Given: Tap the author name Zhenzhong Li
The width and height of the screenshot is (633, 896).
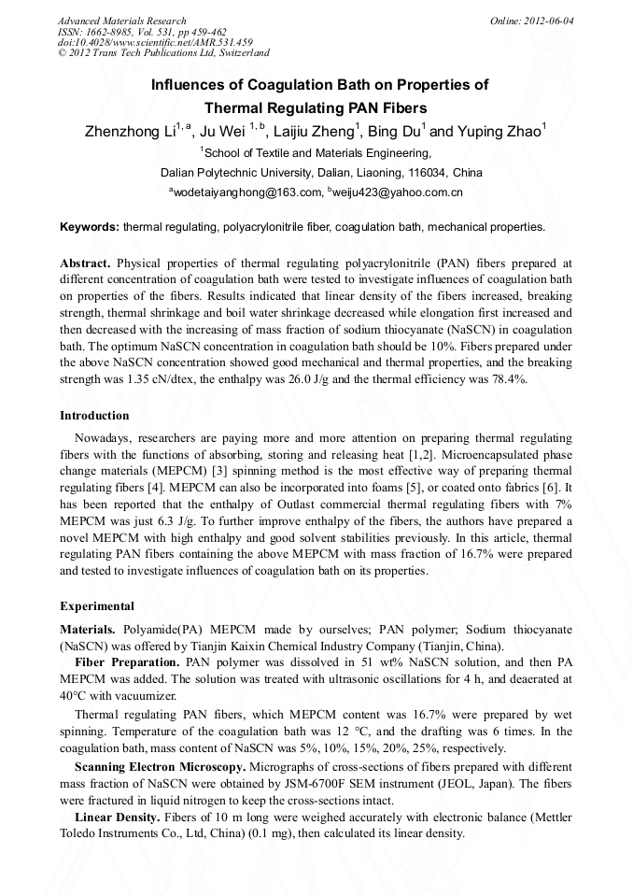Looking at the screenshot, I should [x=130, y=132].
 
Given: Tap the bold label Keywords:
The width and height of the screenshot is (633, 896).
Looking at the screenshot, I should [x=90, y=227].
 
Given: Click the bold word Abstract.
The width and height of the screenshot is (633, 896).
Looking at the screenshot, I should [x=85, y=263].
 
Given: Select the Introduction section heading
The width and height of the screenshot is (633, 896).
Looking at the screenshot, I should [x=94, y=415].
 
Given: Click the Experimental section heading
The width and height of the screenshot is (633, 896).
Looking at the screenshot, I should [x=97, y=605].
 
